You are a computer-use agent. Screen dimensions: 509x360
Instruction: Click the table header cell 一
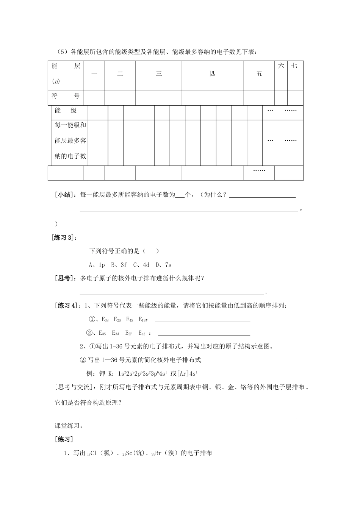[94, 74]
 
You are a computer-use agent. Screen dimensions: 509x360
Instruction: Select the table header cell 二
[120, 74]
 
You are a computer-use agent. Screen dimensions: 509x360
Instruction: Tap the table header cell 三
[159, 74]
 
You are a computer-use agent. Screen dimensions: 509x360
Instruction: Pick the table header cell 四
[213, 74]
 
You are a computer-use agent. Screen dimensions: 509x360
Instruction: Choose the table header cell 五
[259, 74]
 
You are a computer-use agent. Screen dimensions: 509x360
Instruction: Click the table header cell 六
[281, 66]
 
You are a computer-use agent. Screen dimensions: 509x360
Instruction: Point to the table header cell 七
[294, 66]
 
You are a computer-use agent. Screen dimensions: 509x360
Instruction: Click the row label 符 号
[66, 96]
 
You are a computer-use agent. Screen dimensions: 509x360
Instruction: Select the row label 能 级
[66, 111]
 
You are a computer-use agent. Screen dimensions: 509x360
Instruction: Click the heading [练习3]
[66, 237]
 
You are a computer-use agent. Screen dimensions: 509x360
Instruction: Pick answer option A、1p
[97, 265]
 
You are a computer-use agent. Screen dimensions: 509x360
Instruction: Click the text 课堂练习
[69, 426]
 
